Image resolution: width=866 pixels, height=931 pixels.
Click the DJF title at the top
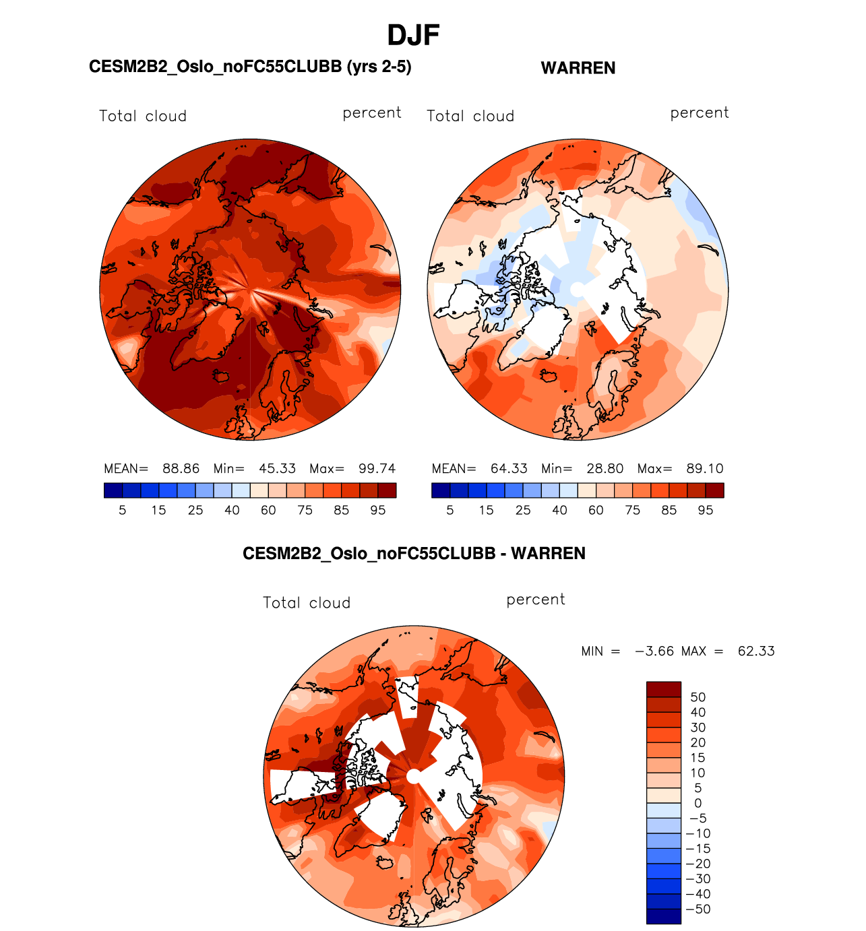point(413,36)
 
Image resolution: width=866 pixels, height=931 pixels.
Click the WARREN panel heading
point(578,68)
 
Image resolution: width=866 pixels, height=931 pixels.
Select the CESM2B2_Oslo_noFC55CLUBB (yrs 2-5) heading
point(250,67)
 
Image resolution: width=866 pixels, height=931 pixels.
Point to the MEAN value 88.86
point(181,468)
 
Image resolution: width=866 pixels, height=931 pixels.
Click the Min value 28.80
point(605,468)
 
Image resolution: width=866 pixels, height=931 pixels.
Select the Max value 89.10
point(704,468)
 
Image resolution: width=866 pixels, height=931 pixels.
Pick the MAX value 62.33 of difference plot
point(756,651)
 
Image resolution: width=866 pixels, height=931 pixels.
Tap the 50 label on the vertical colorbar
point(698,697)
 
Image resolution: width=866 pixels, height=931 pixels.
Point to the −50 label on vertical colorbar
point(698,909)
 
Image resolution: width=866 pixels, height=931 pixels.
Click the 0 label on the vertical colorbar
point(698,803)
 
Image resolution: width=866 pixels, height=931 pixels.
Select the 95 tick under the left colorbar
point(378,510)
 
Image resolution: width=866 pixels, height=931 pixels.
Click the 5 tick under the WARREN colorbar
point(450,510)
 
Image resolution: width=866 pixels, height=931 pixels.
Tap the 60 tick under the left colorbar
point(268,510)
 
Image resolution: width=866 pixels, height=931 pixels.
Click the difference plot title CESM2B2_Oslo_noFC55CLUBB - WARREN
point(414,554)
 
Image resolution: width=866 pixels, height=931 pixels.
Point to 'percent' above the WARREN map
point(700,113)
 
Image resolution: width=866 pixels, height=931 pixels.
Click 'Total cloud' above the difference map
point(307,603)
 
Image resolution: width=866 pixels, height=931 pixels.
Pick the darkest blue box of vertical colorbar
point(663,916)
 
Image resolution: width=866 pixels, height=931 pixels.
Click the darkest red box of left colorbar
point(388,490)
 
